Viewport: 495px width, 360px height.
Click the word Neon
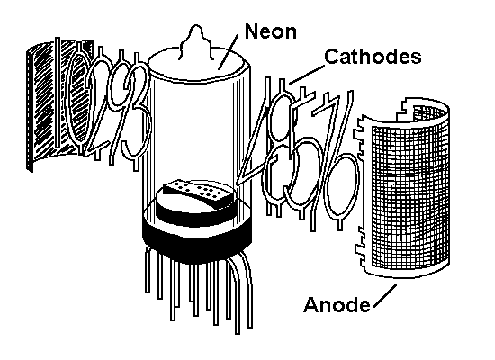point(271,31)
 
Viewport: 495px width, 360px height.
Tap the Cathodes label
point(373,57)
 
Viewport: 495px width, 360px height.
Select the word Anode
point(337,305)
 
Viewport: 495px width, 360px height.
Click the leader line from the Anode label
point(385,295)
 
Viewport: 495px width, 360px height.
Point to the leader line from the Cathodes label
point(307,75)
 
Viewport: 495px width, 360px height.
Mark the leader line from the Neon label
point(228,51)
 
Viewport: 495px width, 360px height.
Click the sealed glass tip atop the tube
point(195,41)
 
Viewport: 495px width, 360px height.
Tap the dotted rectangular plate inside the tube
point(199,192)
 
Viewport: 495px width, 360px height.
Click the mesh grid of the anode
point(410,193)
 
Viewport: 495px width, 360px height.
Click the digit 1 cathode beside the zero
point(58,94)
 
